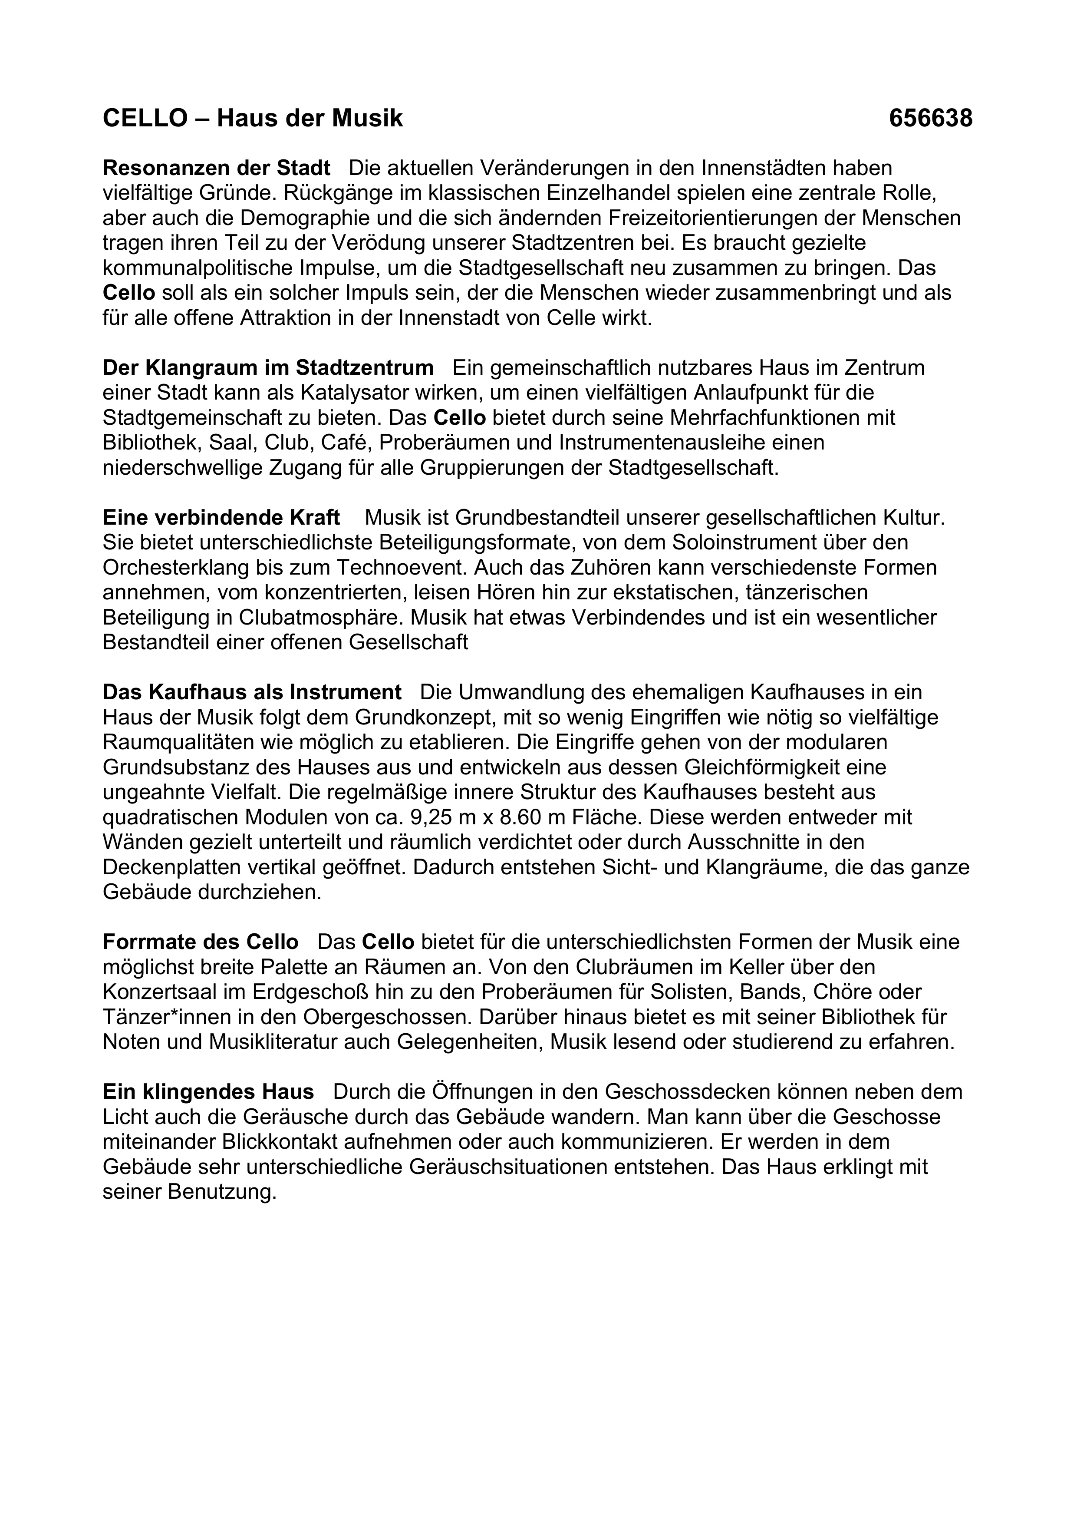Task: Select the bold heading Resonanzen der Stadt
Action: [216, 168]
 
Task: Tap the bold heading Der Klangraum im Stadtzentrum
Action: [268, 368]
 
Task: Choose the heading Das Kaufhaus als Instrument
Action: [252, 692]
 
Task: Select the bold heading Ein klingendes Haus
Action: [208, 1092]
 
